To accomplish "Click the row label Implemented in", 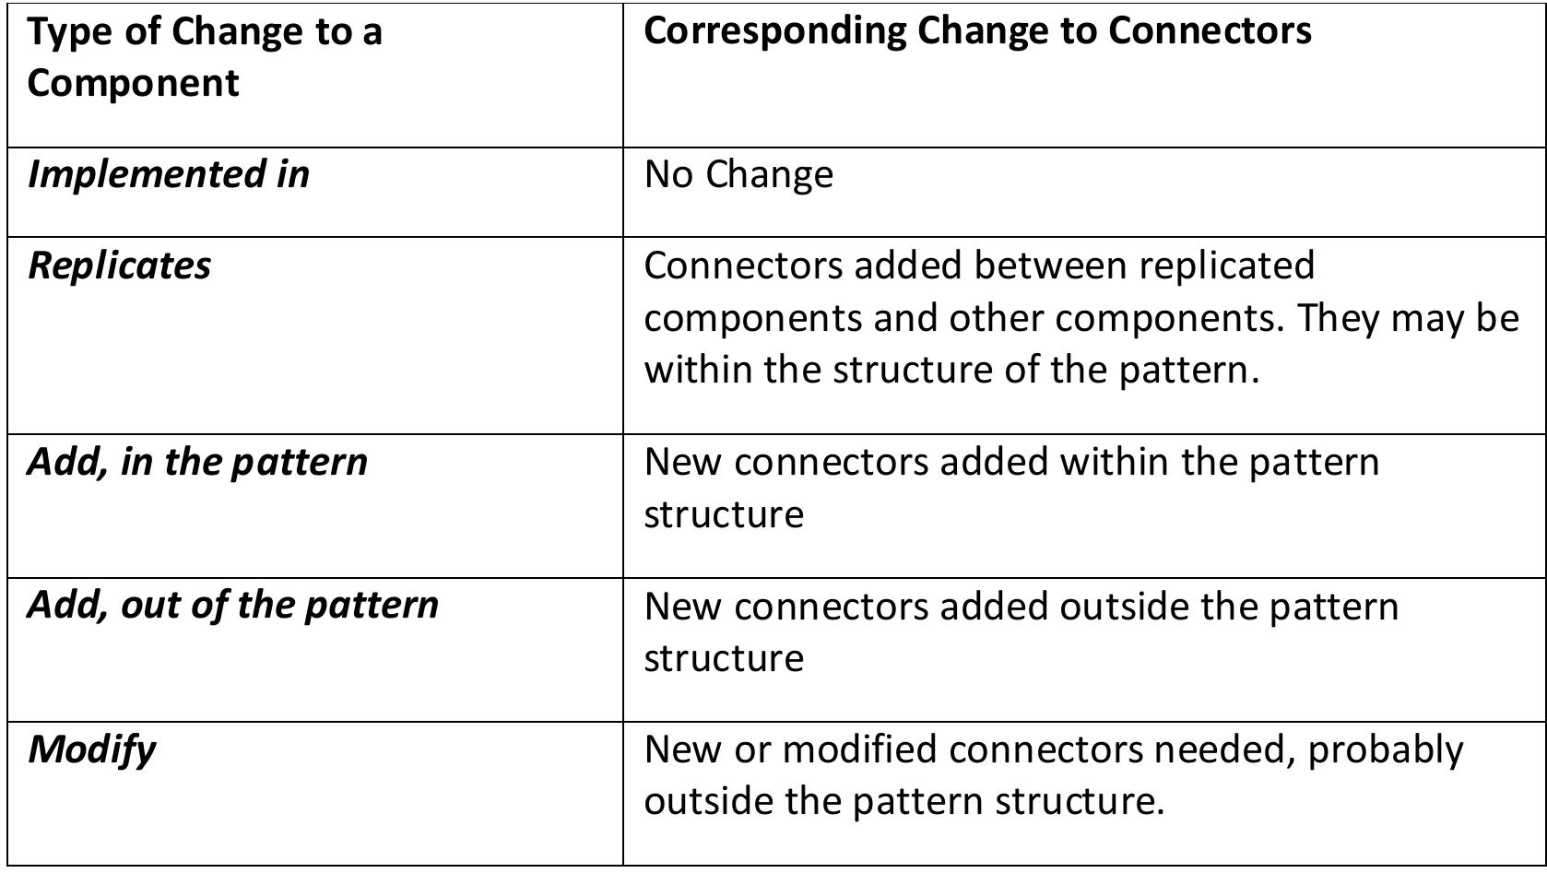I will pyautogui.click(x=169, y=174).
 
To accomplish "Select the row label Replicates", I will pyautogui.click(x=119, y=265).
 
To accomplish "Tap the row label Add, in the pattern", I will pyautogui.click(x=197, y=462).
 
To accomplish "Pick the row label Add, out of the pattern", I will pyautogui.click(x=232, y=606).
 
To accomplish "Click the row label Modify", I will pyautogui.click(x=91, y=749).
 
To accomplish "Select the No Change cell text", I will pyautogui.click(x=738, y=174).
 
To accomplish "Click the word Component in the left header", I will pyautogui.click(x=133, y=83).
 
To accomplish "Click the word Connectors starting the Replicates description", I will pyautogui.click(x=742, y=265).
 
